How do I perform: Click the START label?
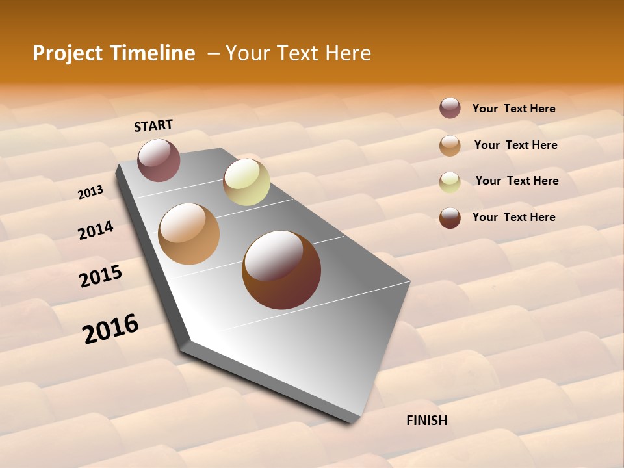coord(153,125)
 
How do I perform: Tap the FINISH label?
coord(426,421)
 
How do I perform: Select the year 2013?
coord(90,192)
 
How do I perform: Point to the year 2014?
coord(96,231)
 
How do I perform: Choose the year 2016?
coord(110,328)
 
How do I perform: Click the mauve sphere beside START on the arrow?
coord(159,160)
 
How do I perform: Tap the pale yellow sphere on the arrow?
coord(246,182)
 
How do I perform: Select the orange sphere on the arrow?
coord(188,234)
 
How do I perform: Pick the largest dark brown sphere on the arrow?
coord(281,270)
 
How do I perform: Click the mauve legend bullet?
coord(450,108)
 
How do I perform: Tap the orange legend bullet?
coord(450,146)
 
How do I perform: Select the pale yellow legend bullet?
coord(450,182)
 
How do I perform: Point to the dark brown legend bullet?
coord(450,218)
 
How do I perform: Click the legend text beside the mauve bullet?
coord(513,109)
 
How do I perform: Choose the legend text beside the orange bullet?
coord(515,145)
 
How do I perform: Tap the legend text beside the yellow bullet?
coord(517,181)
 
